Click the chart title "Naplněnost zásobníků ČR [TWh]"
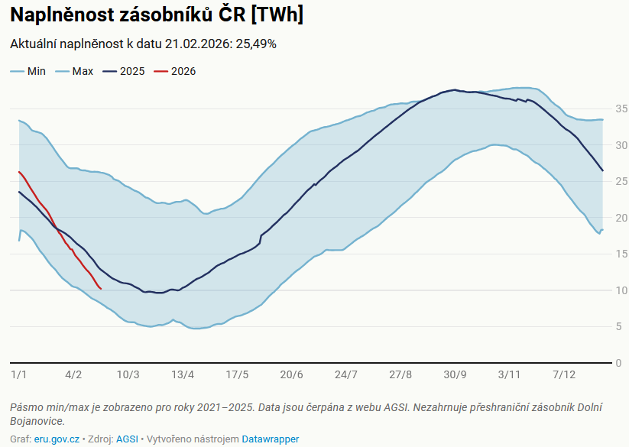[x=156, y=15]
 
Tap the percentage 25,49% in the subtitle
[x=256, y=44]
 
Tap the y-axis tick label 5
[x=618, y=326]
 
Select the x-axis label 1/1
[x=19, y=374]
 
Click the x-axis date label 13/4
[x=183, y=374]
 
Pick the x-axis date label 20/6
[x=291, y=374]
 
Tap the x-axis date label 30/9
[x=455, y=374]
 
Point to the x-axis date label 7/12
[x=564, y=374]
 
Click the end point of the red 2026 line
[x=102, y=289]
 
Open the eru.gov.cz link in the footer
[x=57, y=439]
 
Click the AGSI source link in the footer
[x=127, y=439]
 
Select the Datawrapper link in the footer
[x=271, y=439]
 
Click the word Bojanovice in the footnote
[x=37, y=421]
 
